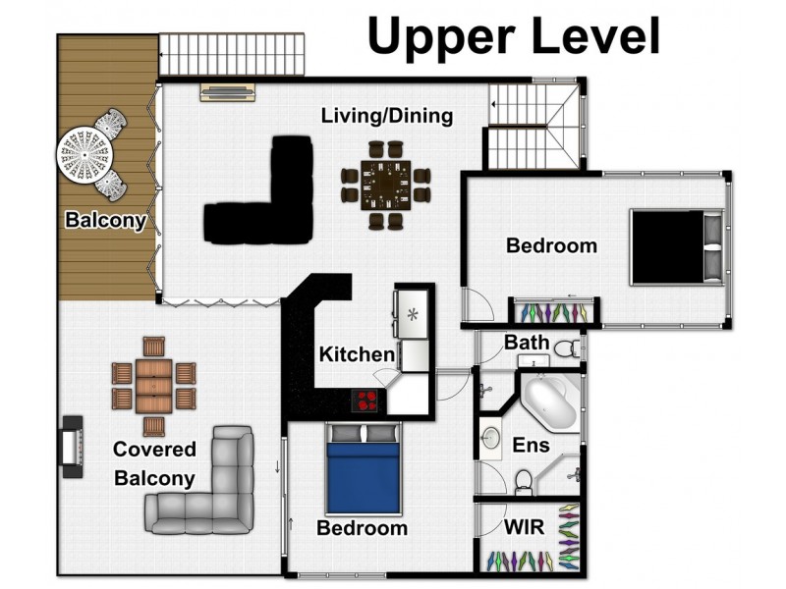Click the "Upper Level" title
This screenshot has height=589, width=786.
point(514,37)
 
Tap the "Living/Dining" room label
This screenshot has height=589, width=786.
point(387,116)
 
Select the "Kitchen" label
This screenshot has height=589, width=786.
point(357,354)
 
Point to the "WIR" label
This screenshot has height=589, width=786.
point(525,527)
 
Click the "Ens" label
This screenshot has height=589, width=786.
point(531,445)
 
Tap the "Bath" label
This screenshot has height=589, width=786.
point(527,343)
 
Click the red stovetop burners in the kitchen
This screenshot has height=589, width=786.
point(365,401)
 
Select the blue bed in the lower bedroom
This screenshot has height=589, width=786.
point(364,469)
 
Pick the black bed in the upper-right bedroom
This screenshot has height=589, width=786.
point(677,247)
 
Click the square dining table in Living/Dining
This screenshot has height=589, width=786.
point(385,186)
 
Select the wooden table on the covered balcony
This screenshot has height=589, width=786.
point(153,386)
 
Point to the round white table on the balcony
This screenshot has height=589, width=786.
point(84,155)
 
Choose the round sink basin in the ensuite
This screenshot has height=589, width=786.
point(490,439)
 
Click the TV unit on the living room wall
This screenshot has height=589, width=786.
point(228,92)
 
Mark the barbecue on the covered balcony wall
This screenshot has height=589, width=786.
point(72,447)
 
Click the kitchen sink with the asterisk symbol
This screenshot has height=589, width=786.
point(412,314)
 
